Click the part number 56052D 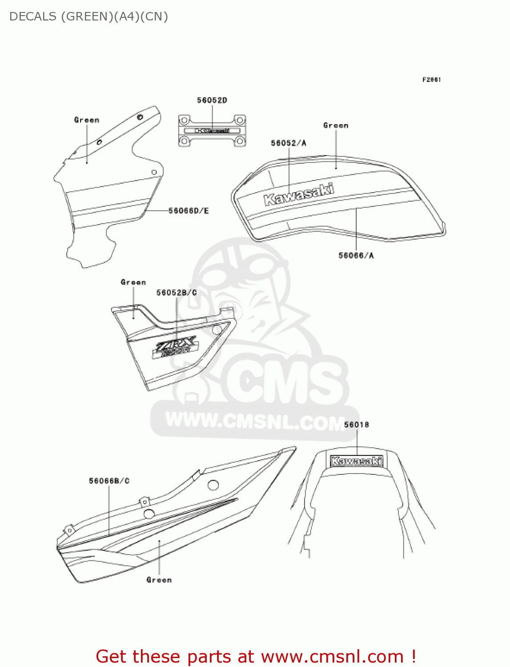pos(212,100)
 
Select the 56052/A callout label pos(289,143)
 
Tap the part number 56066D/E pos(189,211)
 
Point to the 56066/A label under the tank pos(356,255)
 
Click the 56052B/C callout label pos(177,293)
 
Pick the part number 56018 pos(357,425)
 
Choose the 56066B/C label pos(109,481)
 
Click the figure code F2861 pos(431,80)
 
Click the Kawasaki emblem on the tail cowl pos(357,461)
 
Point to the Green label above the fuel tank pos(336,125)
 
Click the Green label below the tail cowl pos(159,580)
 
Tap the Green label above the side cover pos(133,282)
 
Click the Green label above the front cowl pos(87,120)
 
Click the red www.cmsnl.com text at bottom pos(332,657)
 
